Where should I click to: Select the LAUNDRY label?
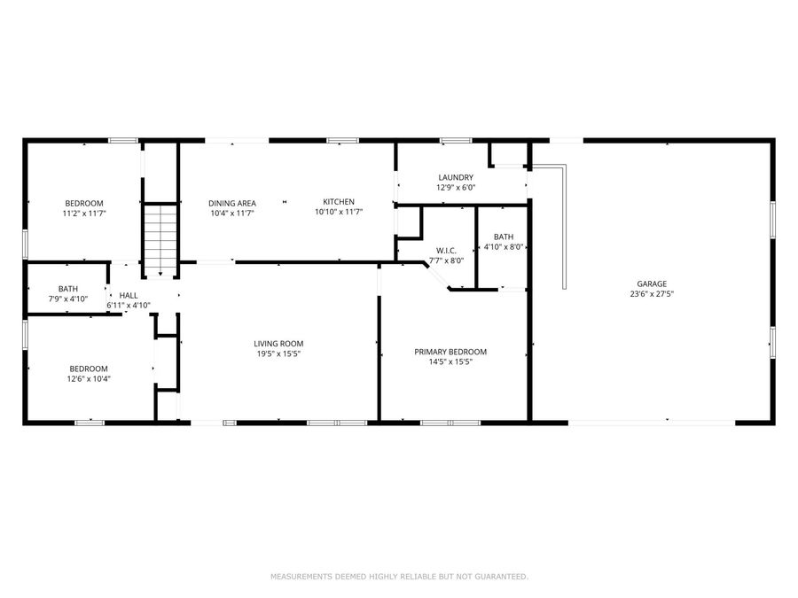pyautogui.click(x=456, y=177)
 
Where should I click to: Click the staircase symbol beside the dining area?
pyautogui.click(x=160, y=237)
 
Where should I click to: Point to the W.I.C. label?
pyautogui.click(x=445, y=250)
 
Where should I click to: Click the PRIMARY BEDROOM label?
pyautogui.click(x=450, y=352)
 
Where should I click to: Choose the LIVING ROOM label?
pyautogui.click(x=278, y=344)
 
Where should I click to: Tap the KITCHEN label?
pyautogui.click(x=339, y=202)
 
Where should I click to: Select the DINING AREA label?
pyautogui.click(x=232, y=203)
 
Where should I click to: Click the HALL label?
pyautogui.click(x=129, y=295)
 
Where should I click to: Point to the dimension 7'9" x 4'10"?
pyautogui.click(x=68, y=299)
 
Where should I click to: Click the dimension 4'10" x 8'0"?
pyautogui.click(x=504, y=247)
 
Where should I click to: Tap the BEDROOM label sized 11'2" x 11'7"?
pyautogui.click(x=83, y=203)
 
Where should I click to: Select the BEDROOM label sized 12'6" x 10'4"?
pyautogui.click(x=89, y=369)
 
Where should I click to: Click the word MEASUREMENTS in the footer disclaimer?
pyautogui.click(x=301, y=577)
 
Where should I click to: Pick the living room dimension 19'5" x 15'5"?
pyautogui.click(x=278, y=354)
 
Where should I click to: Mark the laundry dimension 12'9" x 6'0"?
pyautogui.click(x=456, y=188)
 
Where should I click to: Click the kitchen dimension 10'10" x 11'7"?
pyautogui.click(x=339, y=213)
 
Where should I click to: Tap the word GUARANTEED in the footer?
pyautogui.click(x=500, y=577)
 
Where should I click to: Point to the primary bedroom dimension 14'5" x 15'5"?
pyautogui.click(x=450, y=362)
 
